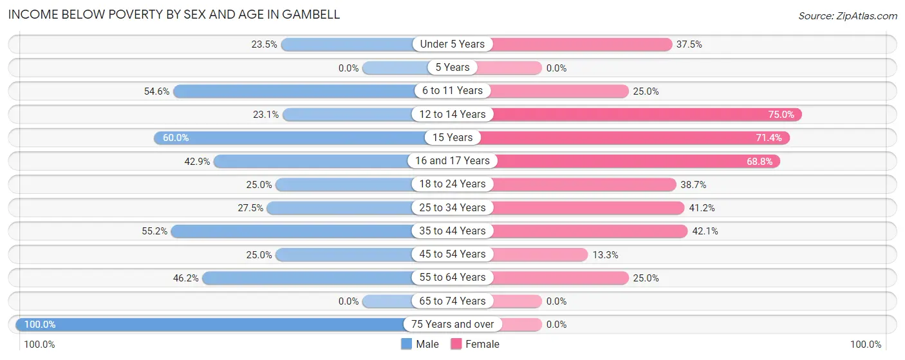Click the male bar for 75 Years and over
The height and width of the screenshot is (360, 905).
point(212,324)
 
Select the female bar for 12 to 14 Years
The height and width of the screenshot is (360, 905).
point(644,114)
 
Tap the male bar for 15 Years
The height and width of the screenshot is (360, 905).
point(290,137)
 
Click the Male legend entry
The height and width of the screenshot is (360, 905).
point(420,344)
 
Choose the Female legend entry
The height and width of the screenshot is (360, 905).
point(475,344)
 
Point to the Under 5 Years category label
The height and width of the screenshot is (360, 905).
point(452,44)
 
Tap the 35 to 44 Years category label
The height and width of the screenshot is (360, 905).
point(452,231)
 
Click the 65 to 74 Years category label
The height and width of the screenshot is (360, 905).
point(452,301)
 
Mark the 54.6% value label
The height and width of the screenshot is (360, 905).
point(156,91)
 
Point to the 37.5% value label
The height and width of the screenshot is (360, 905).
point(689,44)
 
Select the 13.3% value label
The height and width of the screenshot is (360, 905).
point(605,255)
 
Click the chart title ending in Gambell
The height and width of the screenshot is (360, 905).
point(174,14)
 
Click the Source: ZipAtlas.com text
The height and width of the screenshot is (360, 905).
point(847,15)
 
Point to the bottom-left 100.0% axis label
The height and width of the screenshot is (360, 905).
point(39,345)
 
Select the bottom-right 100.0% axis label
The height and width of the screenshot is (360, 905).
point(865,345)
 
